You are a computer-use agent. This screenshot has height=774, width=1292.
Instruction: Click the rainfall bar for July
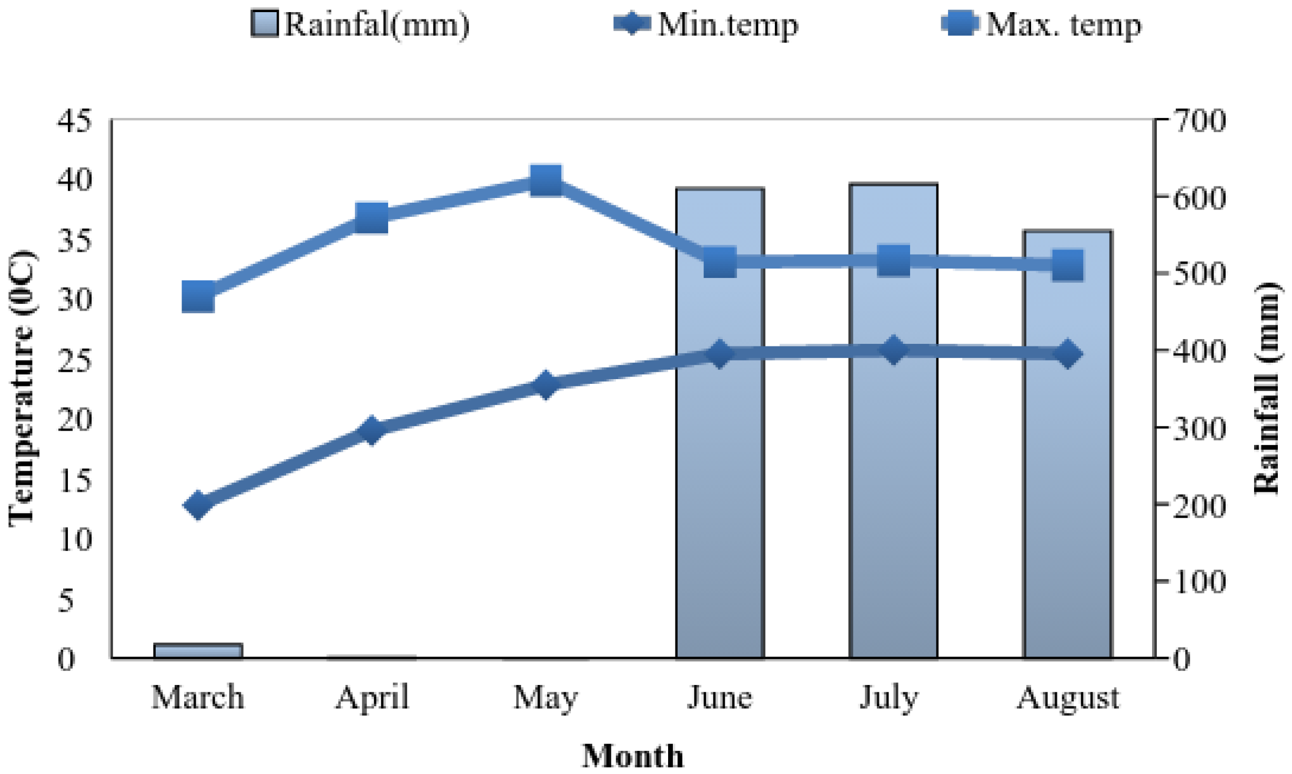[x=893, y=474]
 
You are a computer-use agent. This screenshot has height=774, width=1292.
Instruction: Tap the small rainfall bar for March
[x=198, y=651]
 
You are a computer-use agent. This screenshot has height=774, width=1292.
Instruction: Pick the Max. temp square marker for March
[x=198, y=296]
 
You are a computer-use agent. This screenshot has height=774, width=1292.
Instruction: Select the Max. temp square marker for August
[x=1067, y=265]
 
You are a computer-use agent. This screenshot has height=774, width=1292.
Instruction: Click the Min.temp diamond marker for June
[x=719, y=353]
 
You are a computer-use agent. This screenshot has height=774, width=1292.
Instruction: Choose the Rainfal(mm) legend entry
[x=361, y=24]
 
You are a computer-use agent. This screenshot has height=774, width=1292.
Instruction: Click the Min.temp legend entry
[x=706, y=24]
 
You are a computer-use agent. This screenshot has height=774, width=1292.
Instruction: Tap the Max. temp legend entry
[x=1042, y=24]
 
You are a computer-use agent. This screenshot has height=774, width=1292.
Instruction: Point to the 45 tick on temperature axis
[x=75, y=121]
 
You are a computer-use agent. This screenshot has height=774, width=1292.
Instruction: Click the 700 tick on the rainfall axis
[x=1199, y=121]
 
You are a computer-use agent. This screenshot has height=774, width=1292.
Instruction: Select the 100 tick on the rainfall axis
[x=1199, y=582]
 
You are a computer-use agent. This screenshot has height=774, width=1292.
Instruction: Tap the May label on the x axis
[x=546, y=698]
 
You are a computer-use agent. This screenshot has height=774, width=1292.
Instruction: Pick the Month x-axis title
[x=633, y=756]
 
